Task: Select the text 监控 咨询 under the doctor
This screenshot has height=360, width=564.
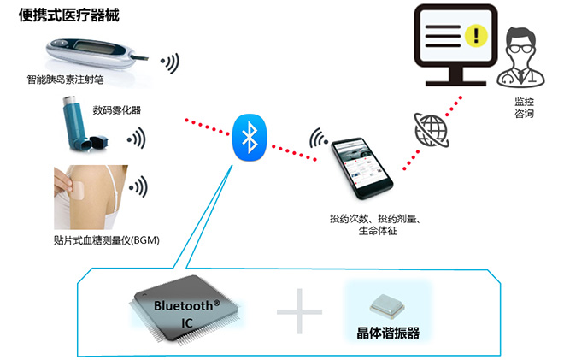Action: [x=524, y=107]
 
